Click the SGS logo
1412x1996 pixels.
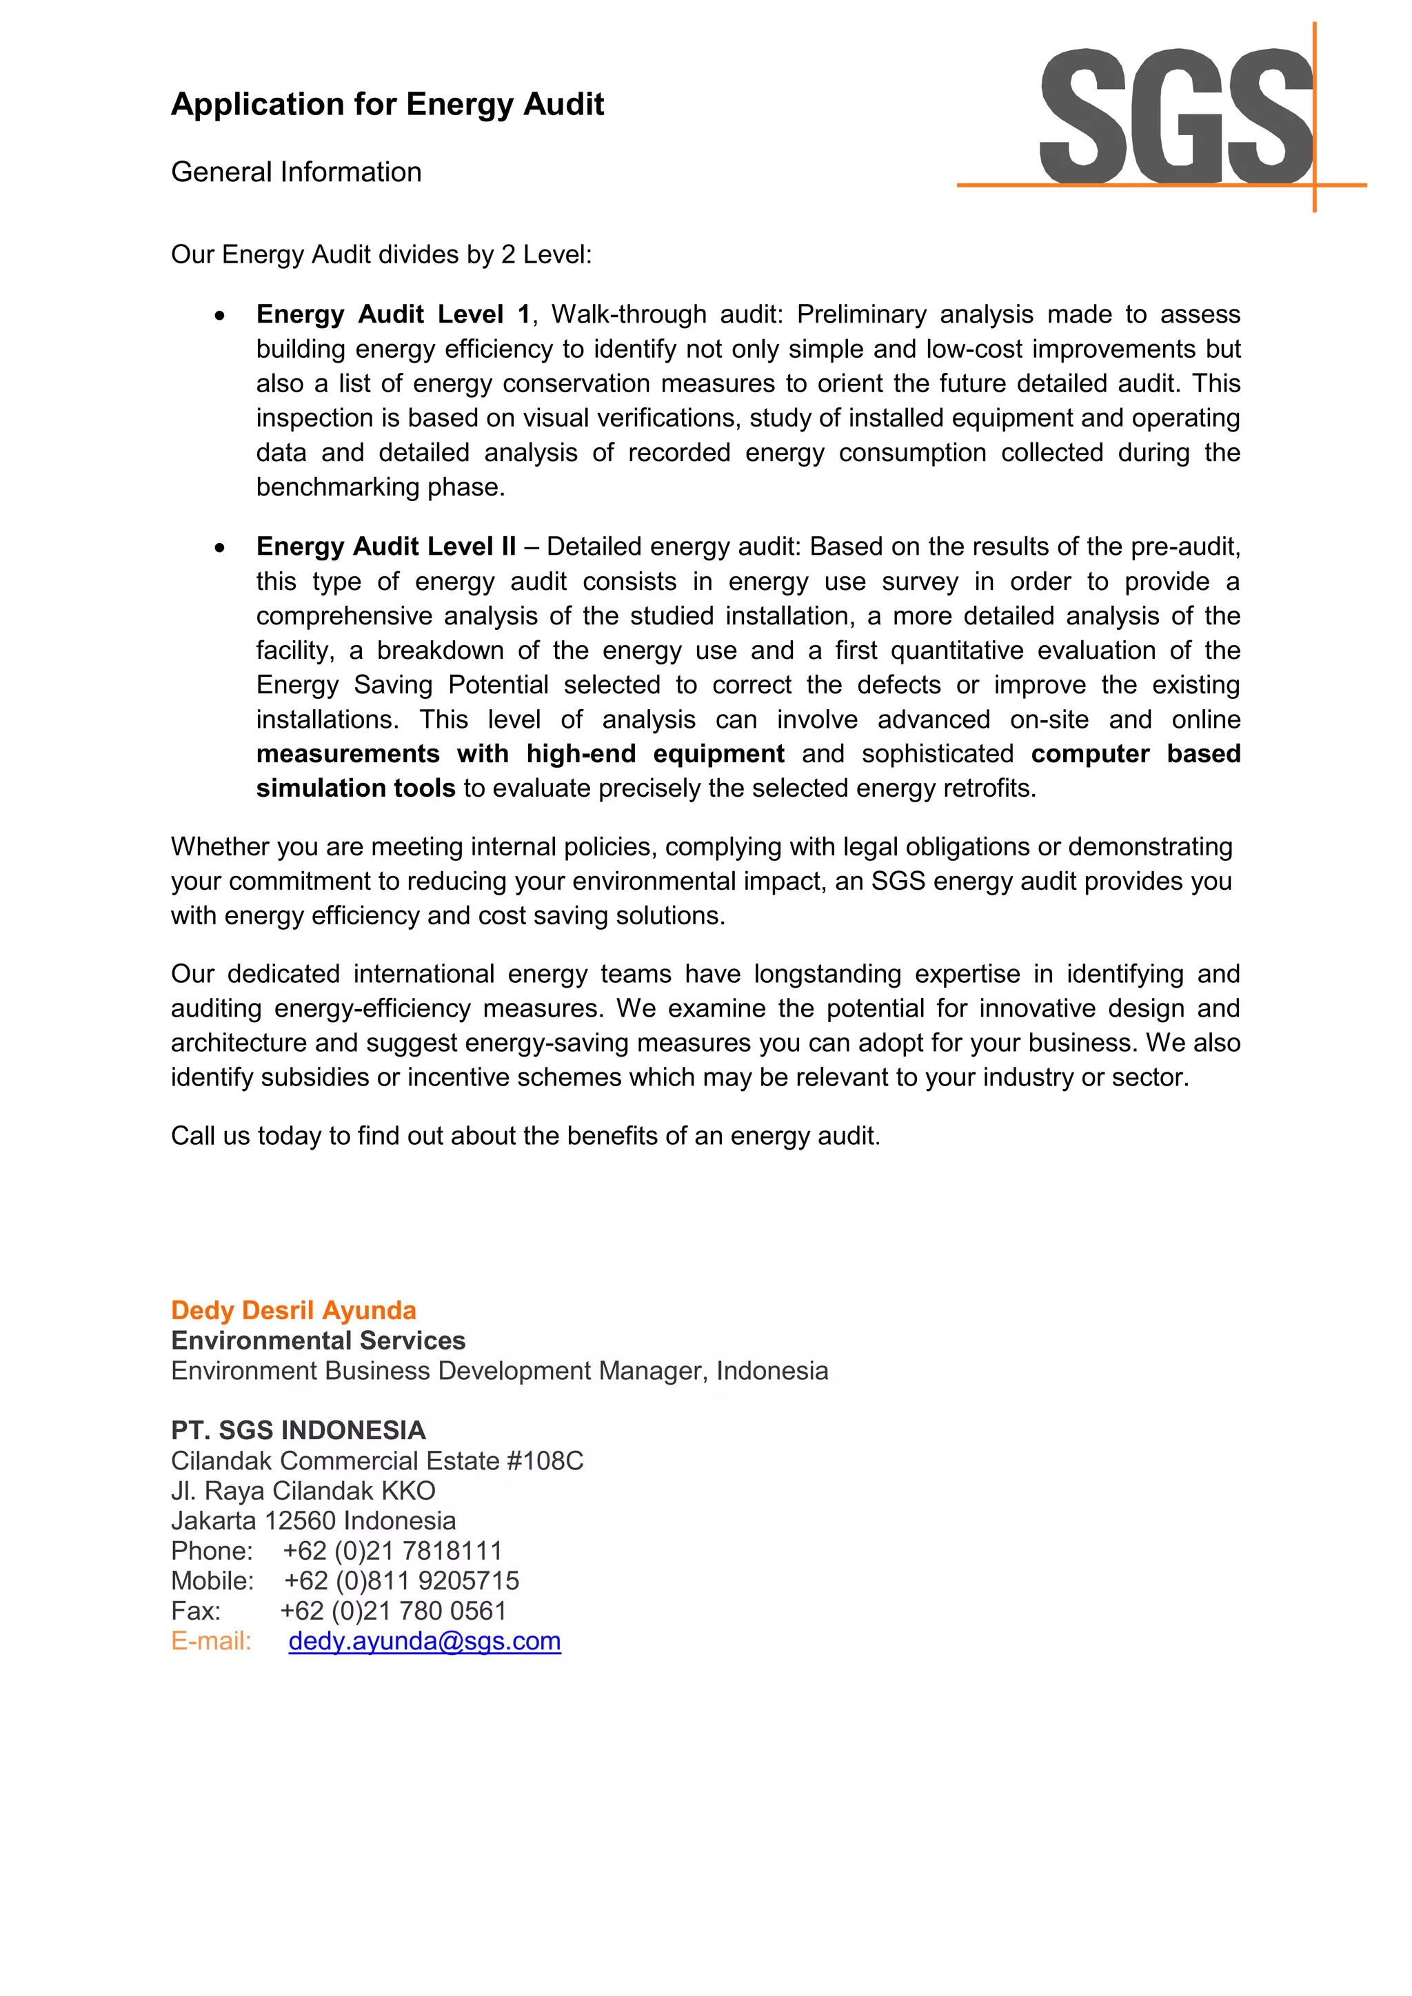[1176, 117]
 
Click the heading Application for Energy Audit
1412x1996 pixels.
[387, 104]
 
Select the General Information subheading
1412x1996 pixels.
[296, 172]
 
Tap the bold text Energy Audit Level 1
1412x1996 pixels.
[392, 314]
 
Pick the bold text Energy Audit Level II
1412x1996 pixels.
[385, 546]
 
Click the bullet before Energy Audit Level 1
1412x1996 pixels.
[220, 316]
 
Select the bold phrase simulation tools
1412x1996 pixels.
[356, 788]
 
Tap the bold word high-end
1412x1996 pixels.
[581, 754]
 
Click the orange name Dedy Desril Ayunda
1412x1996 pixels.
[293, 1310]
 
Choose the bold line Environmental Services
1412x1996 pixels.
[319, 1341]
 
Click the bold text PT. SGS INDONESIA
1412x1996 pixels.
[299, 1430]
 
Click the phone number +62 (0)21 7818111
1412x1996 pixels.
[392, 1551]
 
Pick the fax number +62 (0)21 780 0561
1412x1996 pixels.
[393, 1611]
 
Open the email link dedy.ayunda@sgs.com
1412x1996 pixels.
[424, 1641]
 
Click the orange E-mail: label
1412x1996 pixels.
[211, 1641]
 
